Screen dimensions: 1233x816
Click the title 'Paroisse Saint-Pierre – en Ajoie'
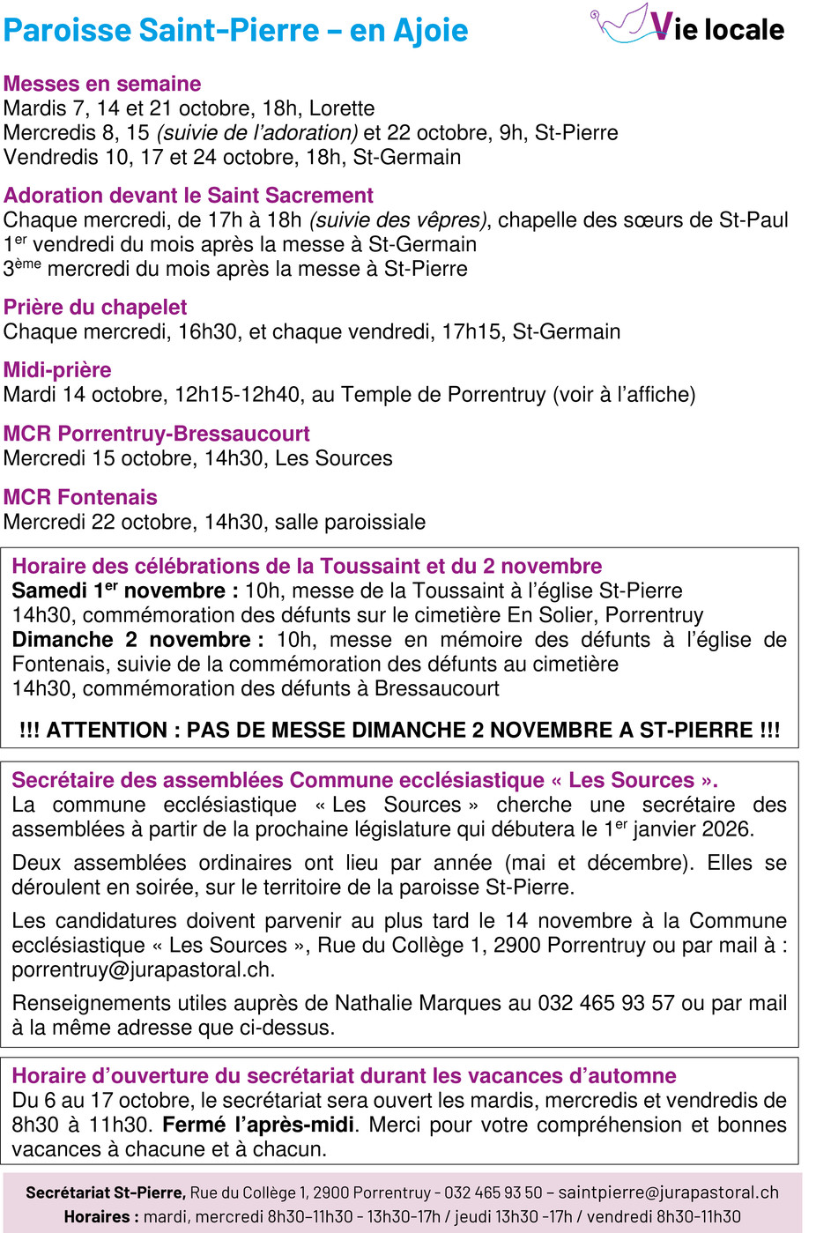[235, 31]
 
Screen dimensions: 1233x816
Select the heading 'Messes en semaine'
[102, 84]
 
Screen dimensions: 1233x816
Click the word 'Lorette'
[342, 108]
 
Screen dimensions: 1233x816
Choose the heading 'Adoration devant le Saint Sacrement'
[189, 196]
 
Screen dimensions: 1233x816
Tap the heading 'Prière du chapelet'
[95, 308]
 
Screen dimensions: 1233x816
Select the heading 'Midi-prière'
[57, 370]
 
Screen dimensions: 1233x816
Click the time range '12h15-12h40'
[237, 395]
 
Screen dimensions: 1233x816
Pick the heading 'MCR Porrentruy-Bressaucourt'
[157, 434]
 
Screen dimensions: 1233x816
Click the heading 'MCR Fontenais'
[80, 497]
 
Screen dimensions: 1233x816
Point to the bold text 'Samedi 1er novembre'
[119, 591]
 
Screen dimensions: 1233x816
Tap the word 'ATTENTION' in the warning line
[107, 731]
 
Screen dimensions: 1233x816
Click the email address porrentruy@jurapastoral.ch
[143, 970]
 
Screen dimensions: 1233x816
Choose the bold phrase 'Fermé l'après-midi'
[258, 1125]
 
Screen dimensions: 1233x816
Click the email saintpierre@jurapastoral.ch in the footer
[668, 1192]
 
